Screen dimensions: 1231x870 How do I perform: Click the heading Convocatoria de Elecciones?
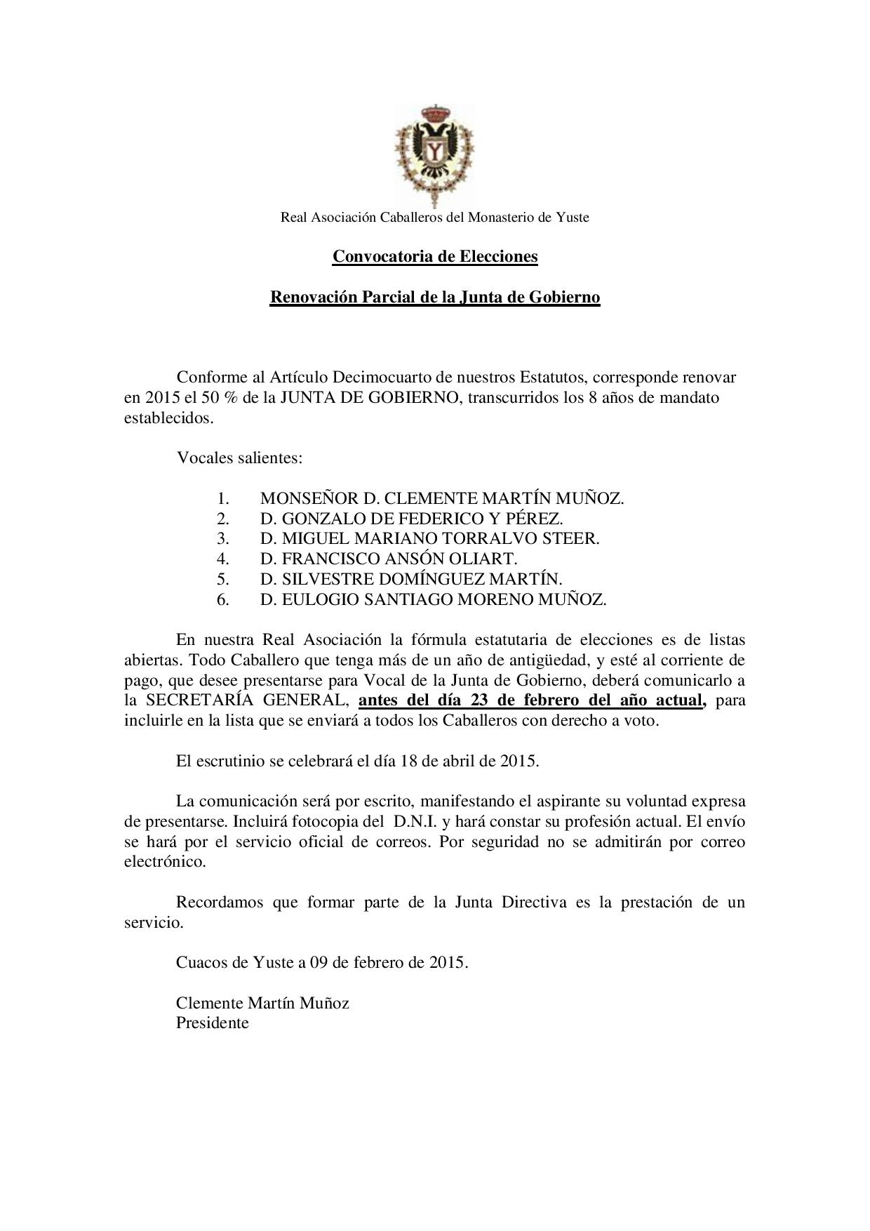click(435, 256)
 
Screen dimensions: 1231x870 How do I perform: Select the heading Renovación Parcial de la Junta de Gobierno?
click(435, 297)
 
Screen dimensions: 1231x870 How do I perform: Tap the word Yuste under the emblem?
click(573, 218)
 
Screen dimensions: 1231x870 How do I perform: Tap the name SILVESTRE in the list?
click(323, 579)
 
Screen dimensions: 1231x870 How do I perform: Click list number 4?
click(223, 559)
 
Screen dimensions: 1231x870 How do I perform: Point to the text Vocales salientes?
click(239, 458)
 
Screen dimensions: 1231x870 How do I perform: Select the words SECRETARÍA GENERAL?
click(246, 700)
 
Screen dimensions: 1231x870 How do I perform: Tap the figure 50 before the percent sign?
click(213, 398)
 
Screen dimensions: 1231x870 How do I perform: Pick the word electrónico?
click(165, 862)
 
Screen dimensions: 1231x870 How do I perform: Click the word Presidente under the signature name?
click(212, 1023)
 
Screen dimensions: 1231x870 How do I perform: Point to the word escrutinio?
click(229, 761)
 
